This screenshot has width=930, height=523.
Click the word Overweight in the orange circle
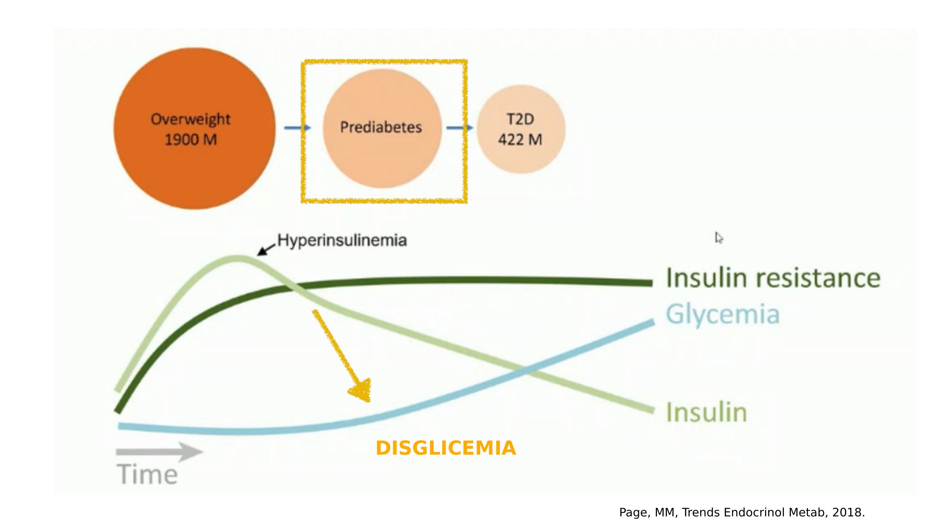tap(190, 119)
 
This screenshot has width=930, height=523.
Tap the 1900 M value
tap(191, 140)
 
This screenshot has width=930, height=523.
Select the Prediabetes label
tap(381, 127)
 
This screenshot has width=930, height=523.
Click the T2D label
tap(520, 119)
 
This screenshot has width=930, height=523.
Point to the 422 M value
tap(520, 140)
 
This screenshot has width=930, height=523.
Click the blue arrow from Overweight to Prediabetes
tap(297, 128)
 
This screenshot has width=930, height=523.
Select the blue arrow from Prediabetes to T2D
tap(460, 128)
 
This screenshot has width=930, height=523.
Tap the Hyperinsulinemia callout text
tap(342, 240)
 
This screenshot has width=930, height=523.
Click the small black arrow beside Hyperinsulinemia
tap(266, 249)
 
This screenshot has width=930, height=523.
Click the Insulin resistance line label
tap(773, 278)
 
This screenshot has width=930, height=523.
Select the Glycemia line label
tap(723, 314)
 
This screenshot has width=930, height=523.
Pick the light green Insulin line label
tap(706, 412)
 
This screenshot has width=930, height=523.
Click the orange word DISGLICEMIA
tap(446, 448)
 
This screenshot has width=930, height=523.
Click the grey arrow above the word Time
tap(159, 452)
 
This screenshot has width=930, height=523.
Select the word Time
tap(147, 474)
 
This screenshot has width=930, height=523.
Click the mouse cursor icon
tap(719, 238)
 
